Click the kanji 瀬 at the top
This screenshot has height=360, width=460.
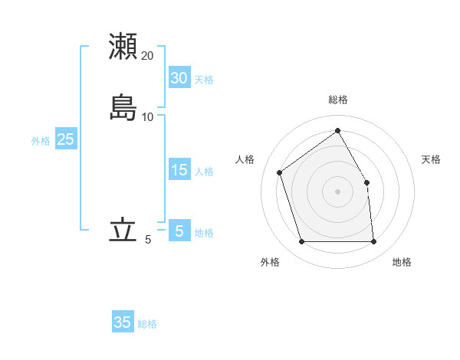click(x=123, y=46)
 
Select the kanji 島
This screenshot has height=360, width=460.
click(x=123, y=107)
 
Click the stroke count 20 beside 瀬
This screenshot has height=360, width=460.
click(x=148, y=56)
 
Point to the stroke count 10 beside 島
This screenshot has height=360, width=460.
click(x=148, y=117)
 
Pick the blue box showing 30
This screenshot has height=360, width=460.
click(x=179, y=78)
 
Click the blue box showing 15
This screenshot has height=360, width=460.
click(x=179, y=170)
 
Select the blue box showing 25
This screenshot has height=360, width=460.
click(x=65, y=139)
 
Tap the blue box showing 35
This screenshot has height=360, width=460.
click(x=123, y=322)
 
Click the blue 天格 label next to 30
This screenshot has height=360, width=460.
click(x=204, y=80)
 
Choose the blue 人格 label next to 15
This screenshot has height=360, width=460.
click(x=204, y=172)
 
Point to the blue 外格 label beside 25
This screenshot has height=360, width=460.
click(x=41, y=141)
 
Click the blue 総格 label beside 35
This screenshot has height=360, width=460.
click(x=147, y=324)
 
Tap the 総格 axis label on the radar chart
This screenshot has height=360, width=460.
click(x=337, y=100)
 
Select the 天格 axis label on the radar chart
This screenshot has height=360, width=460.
click(x=431, y=159)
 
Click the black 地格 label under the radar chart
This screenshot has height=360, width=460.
click(x=402, y=262)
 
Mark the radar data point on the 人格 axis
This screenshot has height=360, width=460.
click(x=280, y=172)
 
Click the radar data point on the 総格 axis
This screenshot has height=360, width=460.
click(x=337, y=130)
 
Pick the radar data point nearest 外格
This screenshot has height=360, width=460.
click(x=301, y=242)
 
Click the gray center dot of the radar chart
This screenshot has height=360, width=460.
click(x=337, y=191)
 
